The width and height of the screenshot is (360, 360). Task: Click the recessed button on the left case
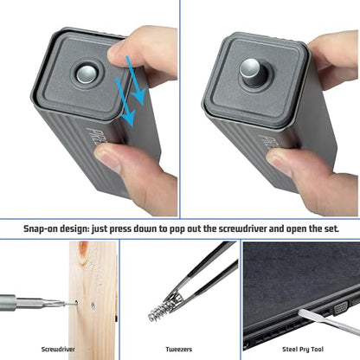pos(87,73)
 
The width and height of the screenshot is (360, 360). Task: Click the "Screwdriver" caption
pos(58,350)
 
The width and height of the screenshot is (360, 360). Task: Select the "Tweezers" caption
pos(179,350)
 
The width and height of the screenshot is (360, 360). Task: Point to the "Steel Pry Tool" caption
pos(303,350)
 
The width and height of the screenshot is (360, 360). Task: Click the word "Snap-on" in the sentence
pos(40,228)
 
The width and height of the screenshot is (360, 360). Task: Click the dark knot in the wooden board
pos(83,252)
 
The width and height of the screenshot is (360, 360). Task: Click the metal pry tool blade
pos(328,322)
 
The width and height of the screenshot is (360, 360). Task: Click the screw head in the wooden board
pos(93,305)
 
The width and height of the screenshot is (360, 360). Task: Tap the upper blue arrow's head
pos(139,98)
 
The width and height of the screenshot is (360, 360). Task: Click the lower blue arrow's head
pos(128,119)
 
